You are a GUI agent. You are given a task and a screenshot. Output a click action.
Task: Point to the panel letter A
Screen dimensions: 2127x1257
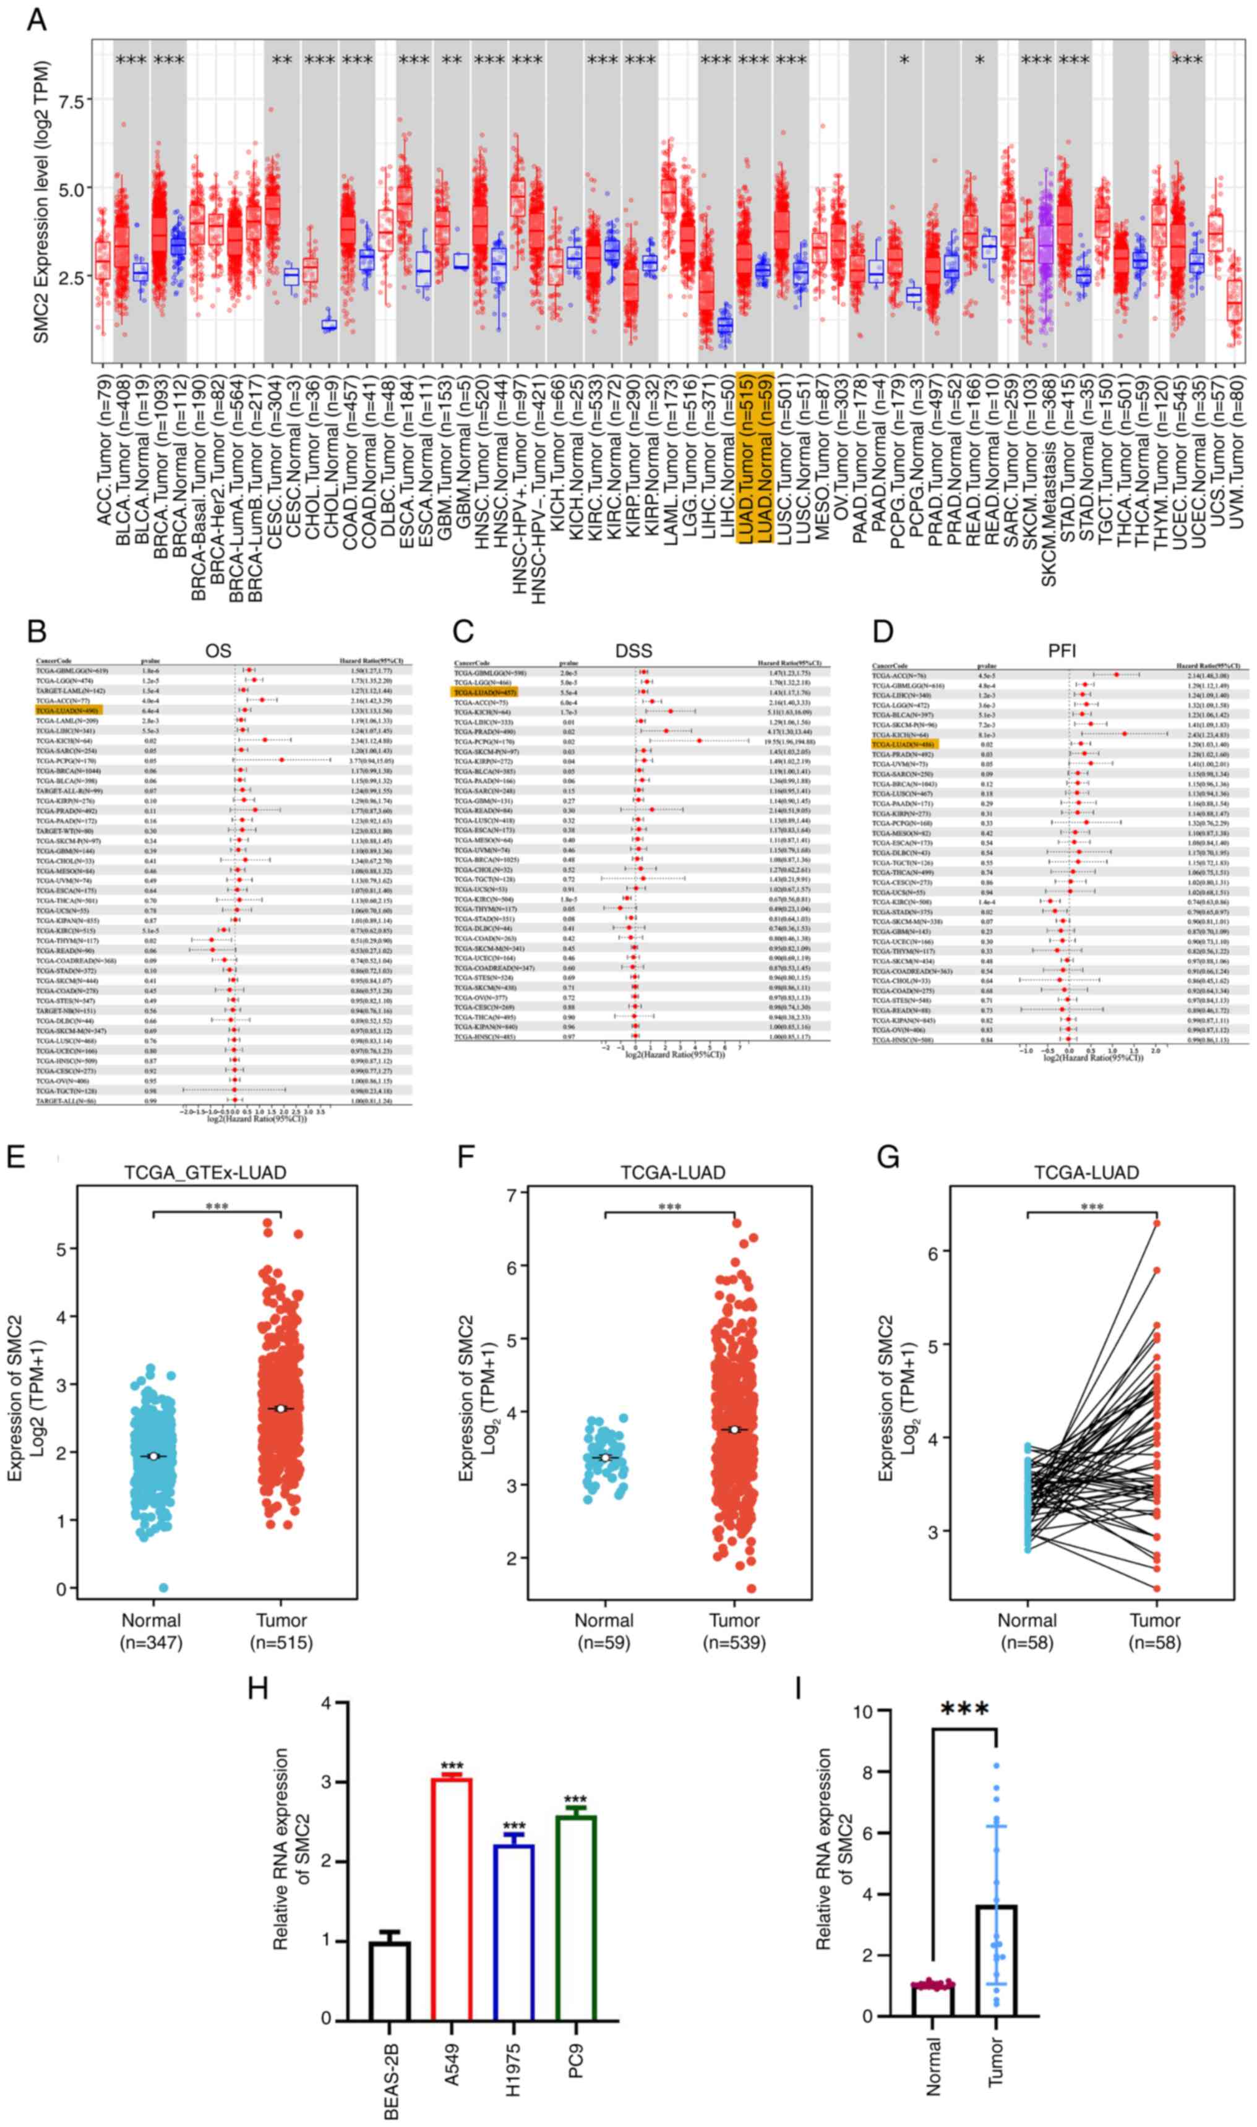pos(36,19)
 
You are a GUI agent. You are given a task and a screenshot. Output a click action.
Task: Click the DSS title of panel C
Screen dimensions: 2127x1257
pos(633,650)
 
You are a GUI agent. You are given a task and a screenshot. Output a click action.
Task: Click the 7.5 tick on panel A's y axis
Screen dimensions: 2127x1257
pos(71,101)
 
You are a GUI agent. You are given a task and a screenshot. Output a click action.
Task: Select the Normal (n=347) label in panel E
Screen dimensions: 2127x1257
pos(152,1632)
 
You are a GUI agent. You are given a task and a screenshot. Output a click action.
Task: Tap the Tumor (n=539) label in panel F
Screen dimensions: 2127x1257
pos(734,1632)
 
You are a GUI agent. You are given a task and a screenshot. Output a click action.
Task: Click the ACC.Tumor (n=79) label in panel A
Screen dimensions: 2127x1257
pos(104,447)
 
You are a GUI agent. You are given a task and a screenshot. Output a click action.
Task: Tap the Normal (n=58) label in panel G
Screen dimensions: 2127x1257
pos(1027,1632)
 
